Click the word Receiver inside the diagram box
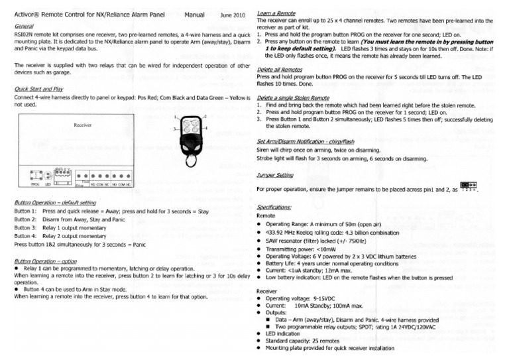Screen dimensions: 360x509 [83, 124]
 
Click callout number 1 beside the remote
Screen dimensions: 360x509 [175, 117]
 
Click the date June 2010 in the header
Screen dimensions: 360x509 [232, 13]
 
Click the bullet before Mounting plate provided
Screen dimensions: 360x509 [259, 347]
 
